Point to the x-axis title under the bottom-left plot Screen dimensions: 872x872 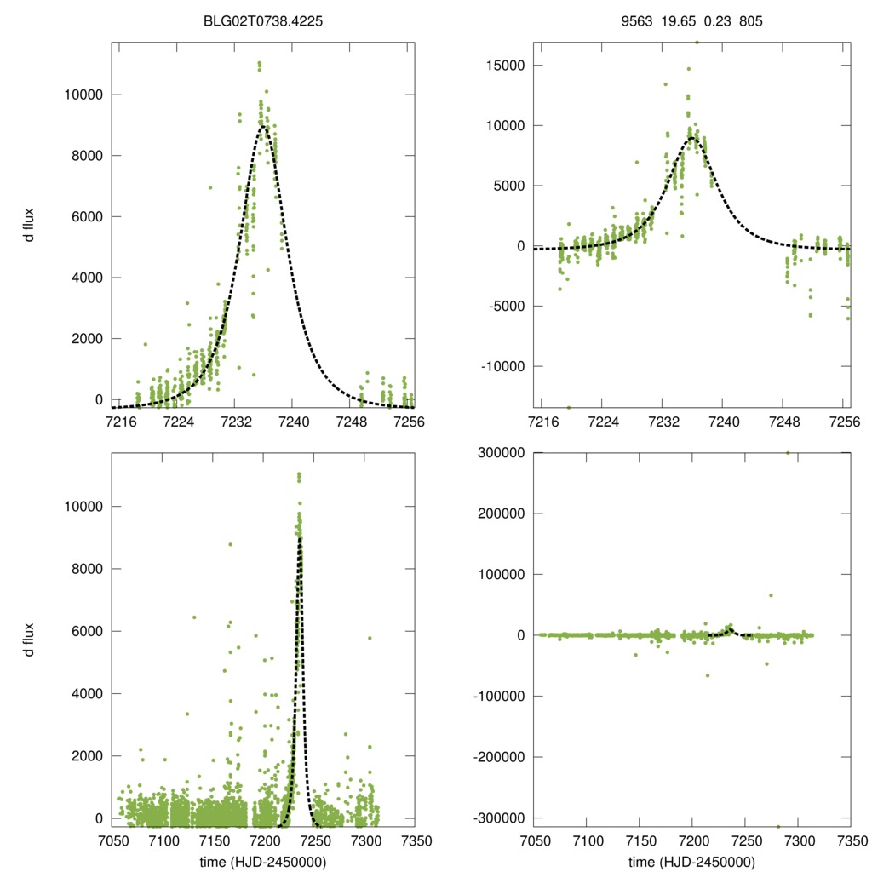tap(263, 862)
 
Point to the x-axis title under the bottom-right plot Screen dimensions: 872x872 tap(692, 862)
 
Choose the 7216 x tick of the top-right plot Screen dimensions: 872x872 tap(542, 422)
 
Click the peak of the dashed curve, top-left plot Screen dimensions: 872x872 tap(265, 126)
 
